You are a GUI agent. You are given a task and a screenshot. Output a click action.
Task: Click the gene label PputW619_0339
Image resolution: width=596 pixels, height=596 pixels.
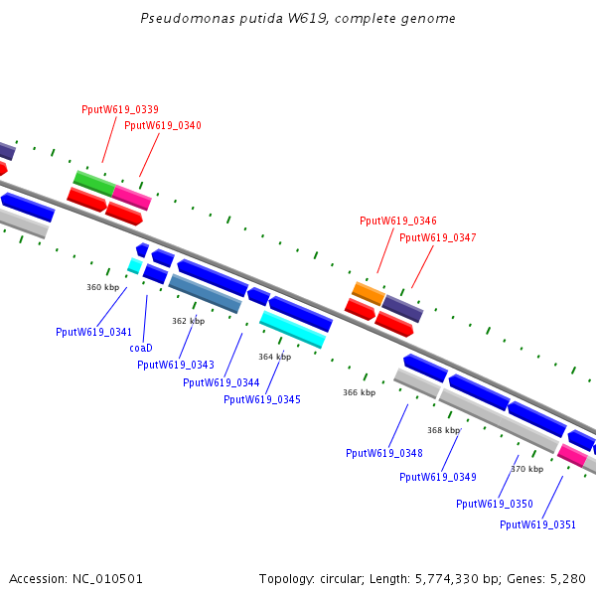click(x=120, y=109)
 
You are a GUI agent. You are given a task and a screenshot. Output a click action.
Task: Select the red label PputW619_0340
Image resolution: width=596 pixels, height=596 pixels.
click(x=163, y=125)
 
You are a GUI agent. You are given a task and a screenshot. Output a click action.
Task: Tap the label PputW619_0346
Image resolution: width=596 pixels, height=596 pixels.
click(x=398, y=221)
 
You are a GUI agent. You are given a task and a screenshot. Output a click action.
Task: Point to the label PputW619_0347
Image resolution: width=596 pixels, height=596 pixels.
click(x=438, y=237)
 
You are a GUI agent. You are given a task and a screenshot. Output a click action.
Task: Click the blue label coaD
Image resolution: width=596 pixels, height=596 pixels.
click(x=141, y=348)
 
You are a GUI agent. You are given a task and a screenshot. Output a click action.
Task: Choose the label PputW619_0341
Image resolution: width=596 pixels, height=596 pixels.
click(x=93, y=332)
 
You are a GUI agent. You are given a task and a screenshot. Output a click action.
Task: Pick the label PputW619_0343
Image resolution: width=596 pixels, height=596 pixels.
click(x=175, y=365)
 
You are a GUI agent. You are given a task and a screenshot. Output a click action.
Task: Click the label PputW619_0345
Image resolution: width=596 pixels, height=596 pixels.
click(x=262, y=399)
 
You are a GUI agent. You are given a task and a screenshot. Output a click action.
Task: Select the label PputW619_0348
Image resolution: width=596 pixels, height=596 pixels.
click(x=384, y=453)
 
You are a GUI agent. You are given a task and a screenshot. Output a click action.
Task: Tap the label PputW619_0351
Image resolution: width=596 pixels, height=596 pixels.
click(x=538, y=524)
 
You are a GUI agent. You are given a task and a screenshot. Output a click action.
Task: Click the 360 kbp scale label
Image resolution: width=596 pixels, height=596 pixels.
click(x=103, y=287)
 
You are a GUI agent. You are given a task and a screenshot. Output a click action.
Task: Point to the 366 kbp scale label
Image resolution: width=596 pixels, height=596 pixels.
click(x=360, y=392)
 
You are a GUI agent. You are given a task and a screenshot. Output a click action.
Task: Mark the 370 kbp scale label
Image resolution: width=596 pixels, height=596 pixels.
click(x=527, y=469)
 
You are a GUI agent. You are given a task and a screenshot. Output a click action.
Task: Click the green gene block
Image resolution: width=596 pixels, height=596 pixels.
click(x=94, y=182)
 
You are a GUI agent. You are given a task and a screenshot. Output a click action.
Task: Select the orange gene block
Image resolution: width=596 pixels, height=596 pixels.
click(x=369, y=293)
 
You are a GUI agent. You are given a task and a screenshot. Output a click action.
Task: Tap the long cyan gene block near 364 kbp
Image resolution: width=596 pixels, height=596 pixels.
click(x=293, y=329)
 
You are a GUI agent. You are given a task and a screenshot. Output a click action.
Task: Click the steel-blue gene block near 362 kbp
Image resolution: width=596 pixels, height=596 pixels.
click(x=205, y=294)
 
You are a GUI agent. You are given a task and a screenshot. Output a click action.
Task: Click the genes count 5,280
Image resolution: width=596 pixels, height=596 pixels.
click(x=568, y=578)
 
